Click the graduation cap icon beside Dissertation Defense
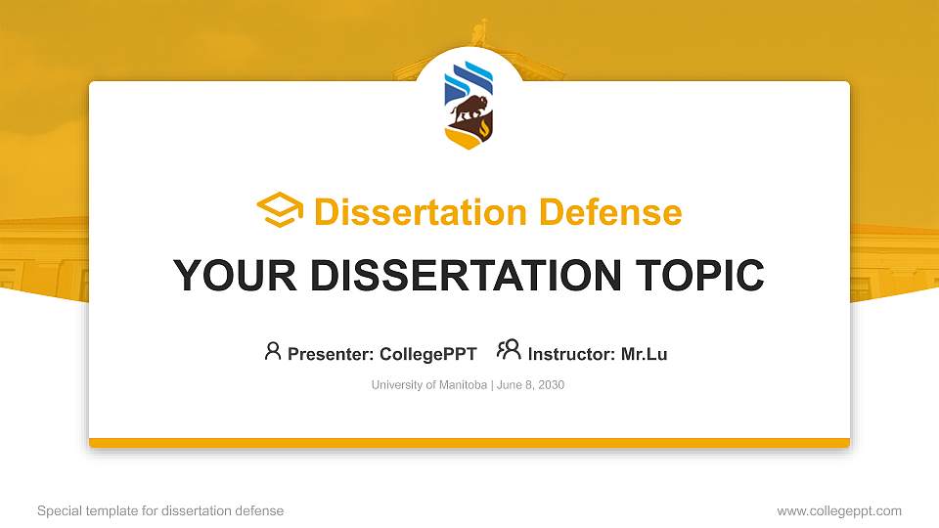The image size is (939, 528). click(280, 211)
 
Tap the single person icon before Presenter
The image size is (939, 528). click(273, 351)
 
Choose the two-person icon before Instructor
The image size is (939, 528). click(509, 350)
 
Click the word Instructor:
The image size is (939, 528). click(572, 354)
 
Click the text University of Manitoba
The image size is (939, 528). click(428, 385)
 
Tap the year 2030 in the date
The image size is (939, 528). click(550, 385)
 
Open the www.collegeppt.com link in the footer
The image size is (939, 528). click(839, 511)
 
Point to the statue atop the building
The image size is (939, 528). click(479, 32)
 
